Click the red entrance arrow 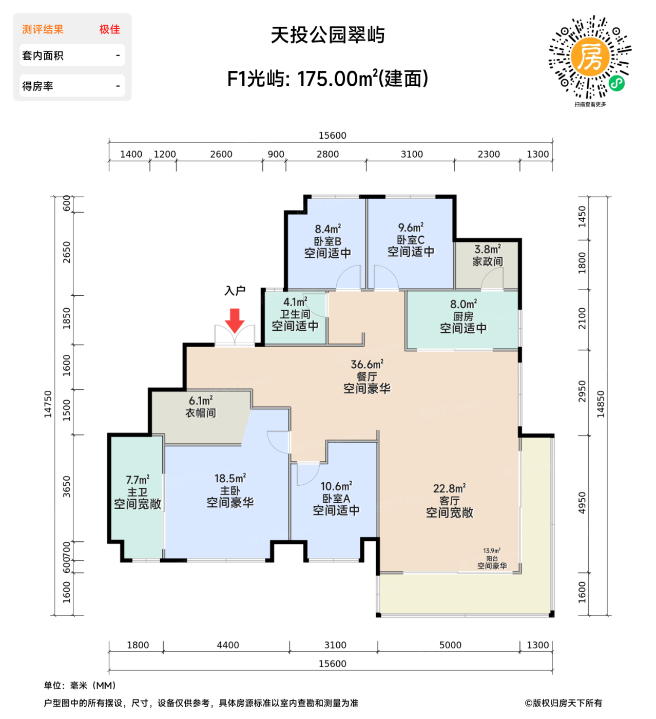pyautogui.click(x=235, y=320)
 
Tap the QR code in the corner pyautogui.click(x=590, y=57)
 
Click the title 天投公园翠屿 pyautogui.click(x=327, y=35)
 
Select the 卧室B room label pyautogui.click(x=327, y=241)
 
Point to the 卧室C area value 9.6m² pyautogui.click(x=411, y=227)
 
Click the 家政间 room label pyautogui.click(x=487, y=261)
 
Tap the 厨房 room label pyautogui.click(x=463, y=316)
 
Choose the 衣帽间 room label pyautogui.click(x=201, y=413)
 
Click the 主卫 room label pyautogui.click(x=137, y=492)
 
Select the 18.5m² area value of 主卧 pyautogui.click(x=230, y=478)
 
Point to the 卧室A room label pyautogui.click(x=336, y=498)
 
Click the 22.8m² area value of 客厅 pyautogui.click(x=449, y=488)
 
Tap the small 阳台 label pyautogui.click(x=492, y=558)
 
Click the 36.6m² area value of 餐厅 pyautogui.click(x=366, y=364)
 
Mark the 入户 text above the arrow pyautogui.click(x=235, y=291)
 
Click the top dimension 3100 pyautogui.click(x=412, y=154)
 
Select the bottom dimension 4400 pyautogui.click(x=227, y=645)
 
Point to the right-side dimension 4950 pyautogui.click(x=582, y=503)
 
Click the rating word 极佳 pyautogui.click(x=109, y=29)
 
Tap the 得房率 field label pyautogui.click(x=38, y=86)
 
